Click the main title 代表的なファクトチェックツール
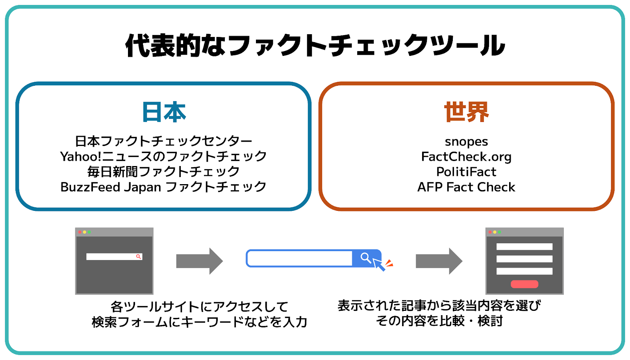(315, 45)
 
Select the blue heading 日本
(164, 112)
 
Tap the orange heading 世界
(466, 112)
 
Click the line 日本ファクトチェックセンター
(163, 141)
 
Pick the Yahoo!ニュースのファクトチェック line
(163, 157)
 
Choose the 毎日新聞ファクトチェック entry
(163, 172)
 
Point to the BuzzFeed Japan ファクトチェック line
(163, 187)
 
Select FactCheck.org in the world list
(466, 157)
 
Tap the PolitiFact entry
(466, 172)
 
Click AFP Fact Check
(466, 187)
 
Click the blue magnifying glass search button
(366, 258)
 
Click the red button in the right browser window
(524, 284)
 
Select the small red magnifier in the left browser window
(138, 256)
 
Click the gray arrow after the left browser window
(200, 261)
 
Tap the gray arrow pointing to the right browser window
(439, 261)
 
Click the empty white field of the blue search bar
(300, 258)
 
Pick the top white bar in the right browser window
(524, 246)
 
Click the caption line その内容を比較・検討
(439, 321)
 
